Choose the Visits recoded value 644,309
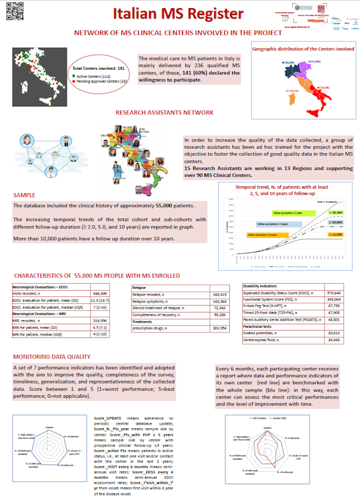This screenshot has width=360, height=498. (100, 293)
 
